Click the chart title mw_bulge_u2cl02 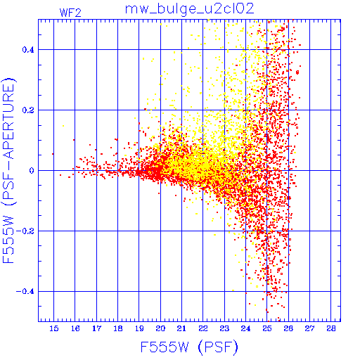click(x=190, y=9)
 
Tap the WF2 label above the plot click(x=70, y=13)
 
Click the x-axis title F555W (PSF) click(x=189, y=347)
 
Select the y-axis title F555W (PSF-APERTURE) click(x=8, y=170)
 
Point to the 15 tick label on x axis click(x=54, y=328)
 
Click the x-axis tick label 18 click(x=118, y=328)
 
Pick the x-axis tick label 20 click(x=160, y=328)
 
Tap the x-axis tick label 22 click(x=203, y=328)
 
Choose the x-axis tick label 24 click(x=245, y=328)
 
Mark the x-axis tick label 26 click(x=288, y=328)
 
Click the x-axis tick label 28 click(x=331, y=328)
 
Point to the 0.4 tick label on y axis click(x=28, y=50)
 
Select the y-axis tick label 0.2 click(x=28, y=110)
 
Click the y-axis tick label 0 click(x=32, y=171)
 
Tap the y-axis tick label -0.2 click(x=25, y=231)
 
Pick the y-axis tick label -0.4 click(x=25, y=292)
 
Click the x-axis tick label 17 click(x=96, y=328)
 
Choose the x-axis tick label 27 click(x=309, y=328)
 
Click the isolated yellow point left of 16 click(x=63, y=126)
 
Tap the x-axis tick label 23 click(x=224, y=328)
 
